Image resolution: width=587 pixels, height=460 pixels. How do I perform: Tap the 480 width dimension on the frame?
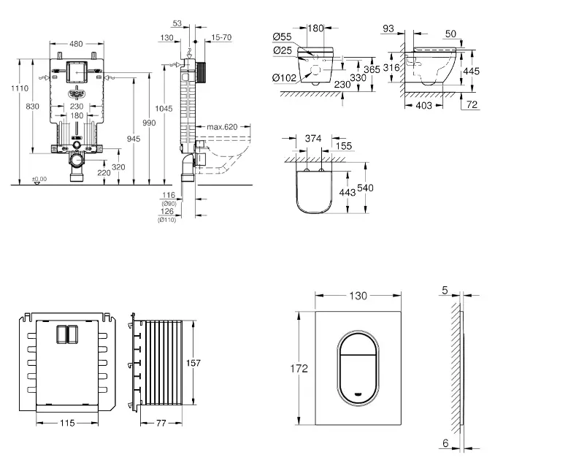click(75, 43)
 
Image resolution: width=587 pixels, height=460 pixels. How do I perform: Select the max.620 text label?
click(223, 127)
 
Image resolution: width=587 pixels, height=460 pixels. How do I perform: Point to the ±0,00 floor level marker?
click(39, 179)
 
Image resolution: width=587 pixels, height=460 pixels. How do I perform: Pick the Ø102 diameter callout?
click(285, 78)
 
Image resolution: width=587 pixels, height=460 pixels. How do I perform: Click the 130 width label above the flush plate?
click(358, 296)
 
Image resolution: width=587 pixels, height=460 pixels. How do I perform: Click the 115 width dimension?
click(66, 423)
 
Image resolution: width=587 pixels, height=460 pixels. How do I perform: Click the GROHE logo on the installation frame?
click(76, 93)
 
